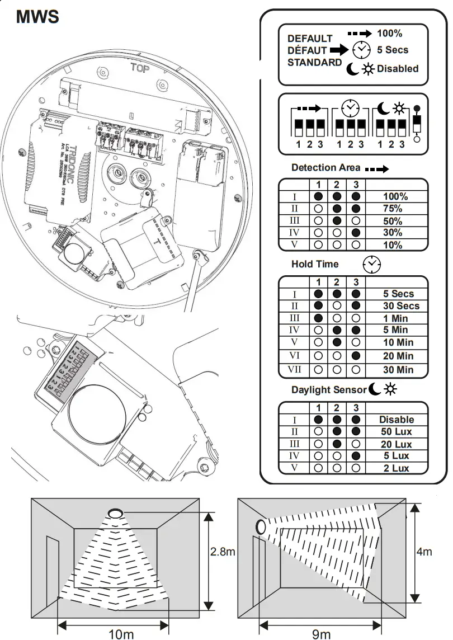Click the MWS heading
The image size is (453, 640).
[x=37, y=16]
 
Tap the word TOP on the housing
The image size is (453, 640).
[x=140, y=68]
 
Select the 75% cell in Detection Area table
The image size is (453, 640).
[x=395, y=209]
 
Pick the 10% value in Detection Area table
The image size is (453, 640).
[x=395, y=245]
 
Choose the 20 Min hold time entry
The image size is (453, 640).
[x=398, y=356]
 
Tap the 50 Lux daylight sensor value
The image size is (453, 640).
[x=397, y=432]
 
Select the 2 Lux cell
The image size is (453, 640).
[x=397, y=468]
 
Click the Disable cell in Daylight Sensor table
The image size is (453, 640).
[x=397, y=420]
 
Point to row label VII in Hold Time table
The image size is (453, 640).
[x=294, y=370]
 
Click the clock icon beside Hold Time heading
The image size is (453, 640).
[x=371, y=264]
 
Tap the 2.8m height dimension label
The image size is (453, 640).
[x=223, y=552]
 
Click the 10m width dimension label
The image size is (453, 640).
[x=121, y=633]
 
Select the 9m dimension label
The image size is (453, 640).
[x=321, y=633]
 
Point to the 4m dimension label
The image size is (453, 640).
[x=424, y=552]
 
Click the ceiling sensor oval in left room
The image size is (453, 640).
[x=115, y=512]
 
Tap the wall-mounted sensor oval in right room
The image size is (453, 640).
[x=261, y=527]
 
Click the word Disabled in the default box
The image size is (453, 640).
[x=398, y=68]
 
